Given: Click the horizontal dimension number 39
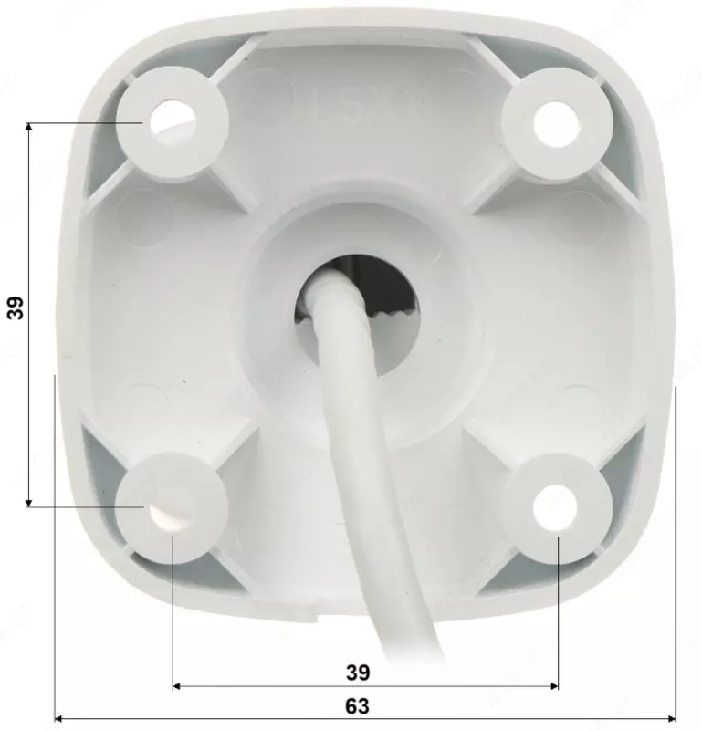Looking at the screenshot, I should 358,673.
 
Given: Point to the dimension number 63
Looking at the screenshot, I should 358,705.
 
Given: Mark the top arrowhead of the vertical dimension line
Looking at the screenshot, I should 29,129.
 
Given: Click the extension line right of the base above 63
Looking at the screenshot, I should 676,547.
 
